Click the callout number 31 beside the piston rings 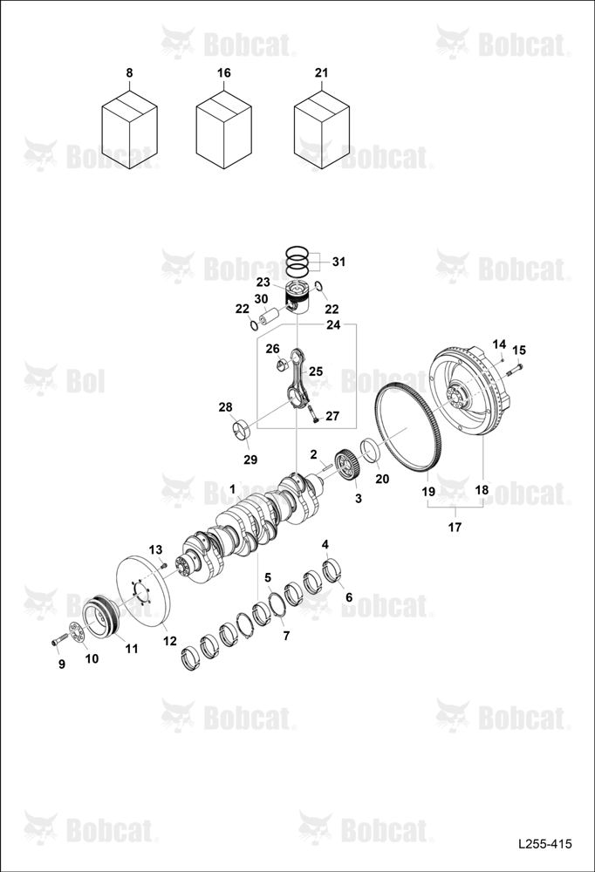coord(339,262)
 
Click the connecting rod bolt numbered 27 coord(312,413)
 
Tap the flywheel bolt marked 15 coord(514,368)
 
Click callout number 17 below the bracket coord(455,527)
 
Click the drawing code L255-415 coord(545,844)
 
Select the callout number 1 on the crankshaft coord(233,489)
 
